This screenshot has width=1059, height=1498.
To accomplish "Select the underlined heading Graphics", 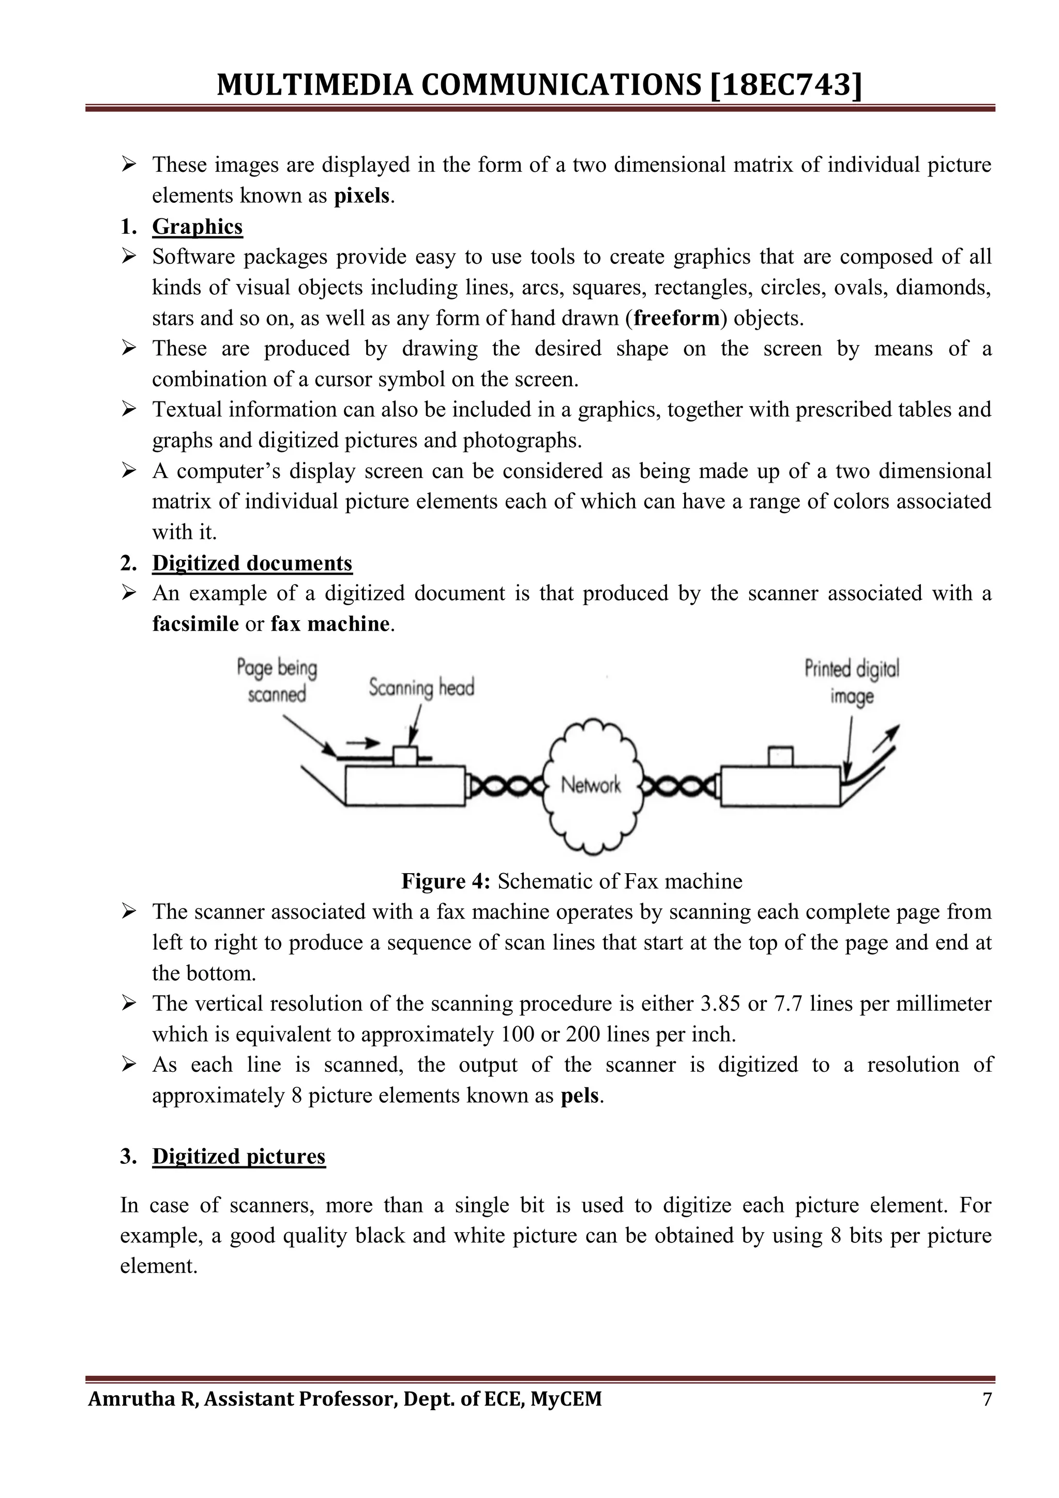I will point(197,227).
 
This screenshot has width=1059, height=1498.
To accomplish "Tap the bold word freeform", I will point(676,319).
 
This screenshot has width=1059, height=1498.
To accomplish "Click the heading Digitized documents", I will point(252,563).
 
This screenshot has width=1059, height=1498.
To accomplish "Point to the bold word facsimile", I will point(195,624).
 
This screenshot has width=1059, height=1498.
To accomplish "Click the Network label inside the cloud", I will point(591,785).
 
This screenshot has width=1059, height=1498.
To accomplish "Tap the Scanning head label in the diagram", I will point(421,687).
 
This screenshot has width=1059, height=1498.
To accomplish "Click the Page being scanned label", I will point(277,681).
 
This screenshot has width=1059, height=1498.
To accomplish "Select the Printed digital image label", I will point(852,682).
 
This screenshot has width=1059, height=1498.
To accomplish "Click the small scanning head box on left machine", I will point(405,756).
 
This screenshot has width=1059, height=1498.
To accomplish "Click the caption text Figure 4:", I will point(445,881).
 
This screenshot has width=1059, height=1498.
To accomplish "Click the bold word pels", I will point(579,1096).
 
